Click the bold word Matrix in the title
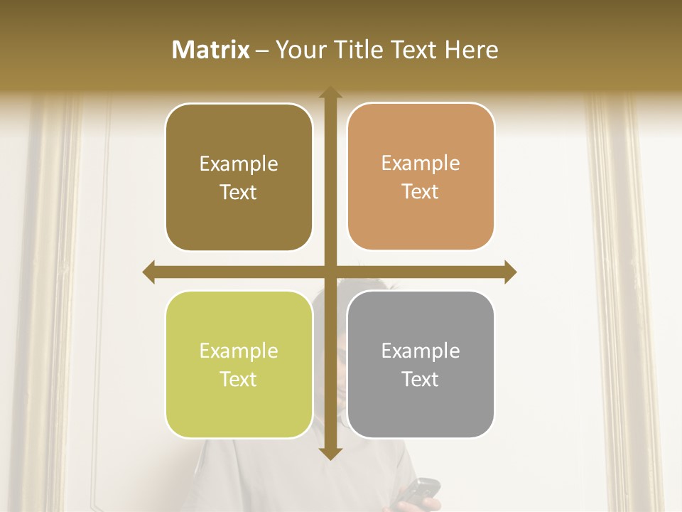pos(211,50)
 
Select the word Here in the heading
pos(471,50)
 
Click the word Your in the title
pos(299,50)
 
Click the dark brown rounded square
pos(239,177)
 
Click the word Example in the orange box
pos(421,164)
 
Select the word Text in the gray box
pos(421,379)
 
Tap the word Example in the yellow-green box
pos(239,351)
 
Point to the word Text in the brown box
pos(239,192)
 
